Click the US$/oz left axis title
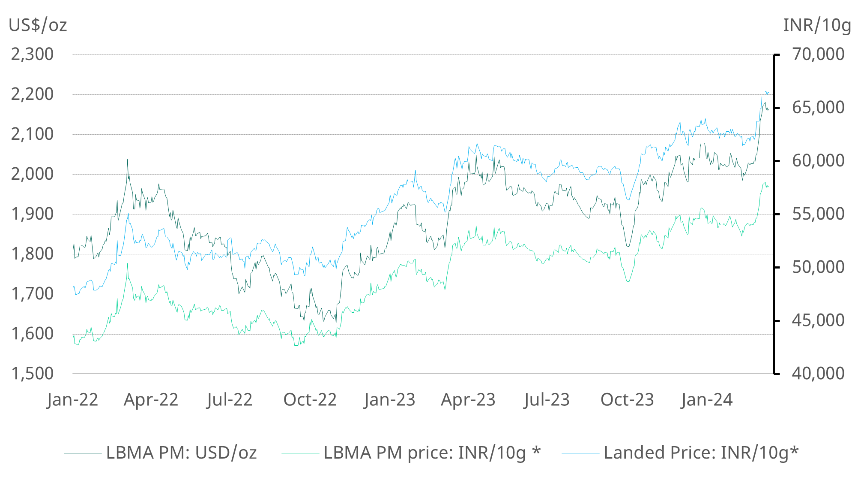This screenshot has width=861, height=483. [38, 25]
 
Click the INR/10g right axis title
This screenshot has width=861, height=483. [816, 25]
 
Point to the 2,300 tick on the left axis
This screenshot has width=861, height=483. [33, 54]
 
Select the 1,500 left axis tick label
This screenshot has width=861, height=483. [33, 374]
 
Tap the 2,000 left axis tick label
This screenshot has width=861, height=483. [33, 174]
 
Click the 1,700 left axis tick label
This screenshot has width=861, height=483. [33, 294]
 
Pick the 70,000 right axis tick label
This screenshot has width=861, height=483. [818, 54]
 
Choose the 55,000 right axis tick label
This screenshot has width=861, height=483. [818, 214]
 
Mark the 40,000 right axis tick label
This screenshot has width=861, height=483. [818, 374]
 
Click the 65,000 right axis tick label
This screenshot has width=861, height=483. [818, 108]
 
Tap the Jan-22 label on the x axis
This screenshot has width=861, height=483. [72, 400]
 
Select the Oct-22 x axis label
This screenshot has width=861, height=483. [310, 400]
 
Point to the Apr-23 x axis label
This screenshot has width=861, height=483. [468, 400]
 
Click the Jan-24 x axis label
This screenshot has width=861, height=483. [707, 400]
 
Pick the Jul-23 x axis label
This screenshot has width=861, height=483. [547, 400]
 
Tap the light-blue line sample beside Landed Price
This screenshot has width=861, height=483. [580, 453]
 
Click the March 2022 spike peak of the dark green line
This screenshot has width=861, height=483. [127, 160]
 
